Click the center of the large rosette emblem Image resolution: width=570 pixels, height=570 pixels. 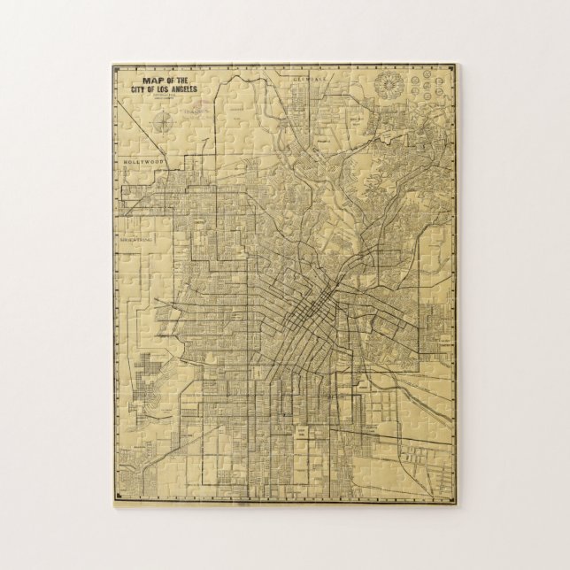click(x=389, y=87)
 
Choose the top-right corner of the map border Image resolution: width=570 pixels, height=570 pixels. click(x=457, y=65)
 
